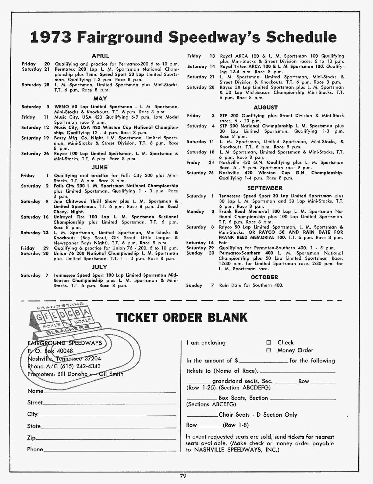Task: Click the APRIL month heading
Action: pos(100,56)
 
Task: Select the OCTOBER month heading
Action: pos(264,277)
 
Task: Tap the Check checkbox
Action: pos(268,343)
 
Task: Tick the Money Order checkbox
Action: pos(268,351)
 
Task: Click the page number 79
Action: pos(183,476)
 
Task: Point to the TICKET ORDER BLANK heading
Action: pos(182,318)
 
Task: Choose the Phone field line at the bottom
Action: pos(110,450)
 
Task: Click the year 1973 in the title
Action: pos(51,37)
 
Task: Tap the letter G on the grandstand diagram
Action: pos(39,318)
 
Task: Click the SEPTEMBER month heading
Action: pos(265,188)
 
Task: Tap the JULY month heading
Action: pos(100,267)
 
